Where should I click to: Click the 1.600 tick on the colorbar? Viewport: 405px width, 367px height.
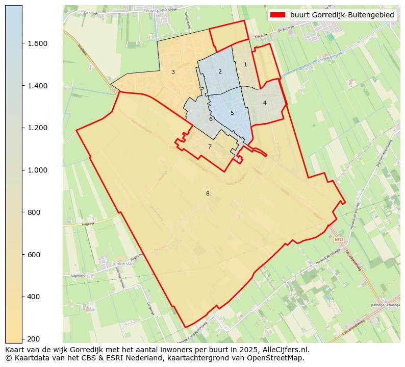(x=38, y=43)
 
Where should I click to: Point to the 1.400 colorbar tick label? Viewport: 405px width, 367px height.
(x=38, y=86)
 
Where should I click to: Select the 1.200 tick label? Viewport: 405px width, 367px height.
(x=38, y=128)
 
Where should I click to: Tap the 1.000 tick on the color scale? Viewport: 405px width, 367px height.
(x=38, y=170)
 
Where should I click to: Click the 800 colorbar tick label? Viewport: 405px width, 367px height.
(x=35, y=212)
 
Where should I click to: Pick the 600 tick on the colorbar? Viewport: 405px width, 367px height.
(x=35, y=254)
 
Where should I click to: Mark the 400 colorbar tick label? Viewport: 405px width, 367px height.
(x=35, y=297)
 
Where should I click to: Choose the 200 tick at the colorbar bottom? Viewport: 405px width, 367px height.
(x=35, y=338)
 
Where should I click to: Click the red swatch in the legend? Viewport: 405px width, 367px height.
(x=278, y=15)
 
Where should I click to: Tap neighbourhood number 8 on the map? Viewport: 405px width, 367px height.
(x=208, y=193)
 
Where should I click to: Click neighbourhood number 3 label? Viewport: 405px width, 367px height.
(x=173, y=72)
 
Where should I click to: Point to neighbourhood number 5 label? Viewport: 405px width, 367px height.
(x=232, y=113)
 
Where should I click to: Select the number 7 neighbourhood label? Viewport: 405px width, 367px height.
(x=210, y=146)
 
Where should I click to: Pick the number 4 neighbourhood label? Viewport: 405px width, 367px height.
(x=265, y=103)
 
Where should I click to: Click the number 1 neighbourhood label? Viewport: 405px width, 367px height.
(x=245, y=64)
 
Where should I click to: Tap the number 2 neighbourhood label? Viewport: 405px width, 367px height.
(x=220, y=71)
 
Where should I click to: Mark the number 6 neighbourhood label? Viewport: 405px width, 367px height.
(x=211, y=119)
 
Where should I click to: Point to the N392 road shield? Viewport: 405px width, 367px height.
(x=339, y=239)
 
